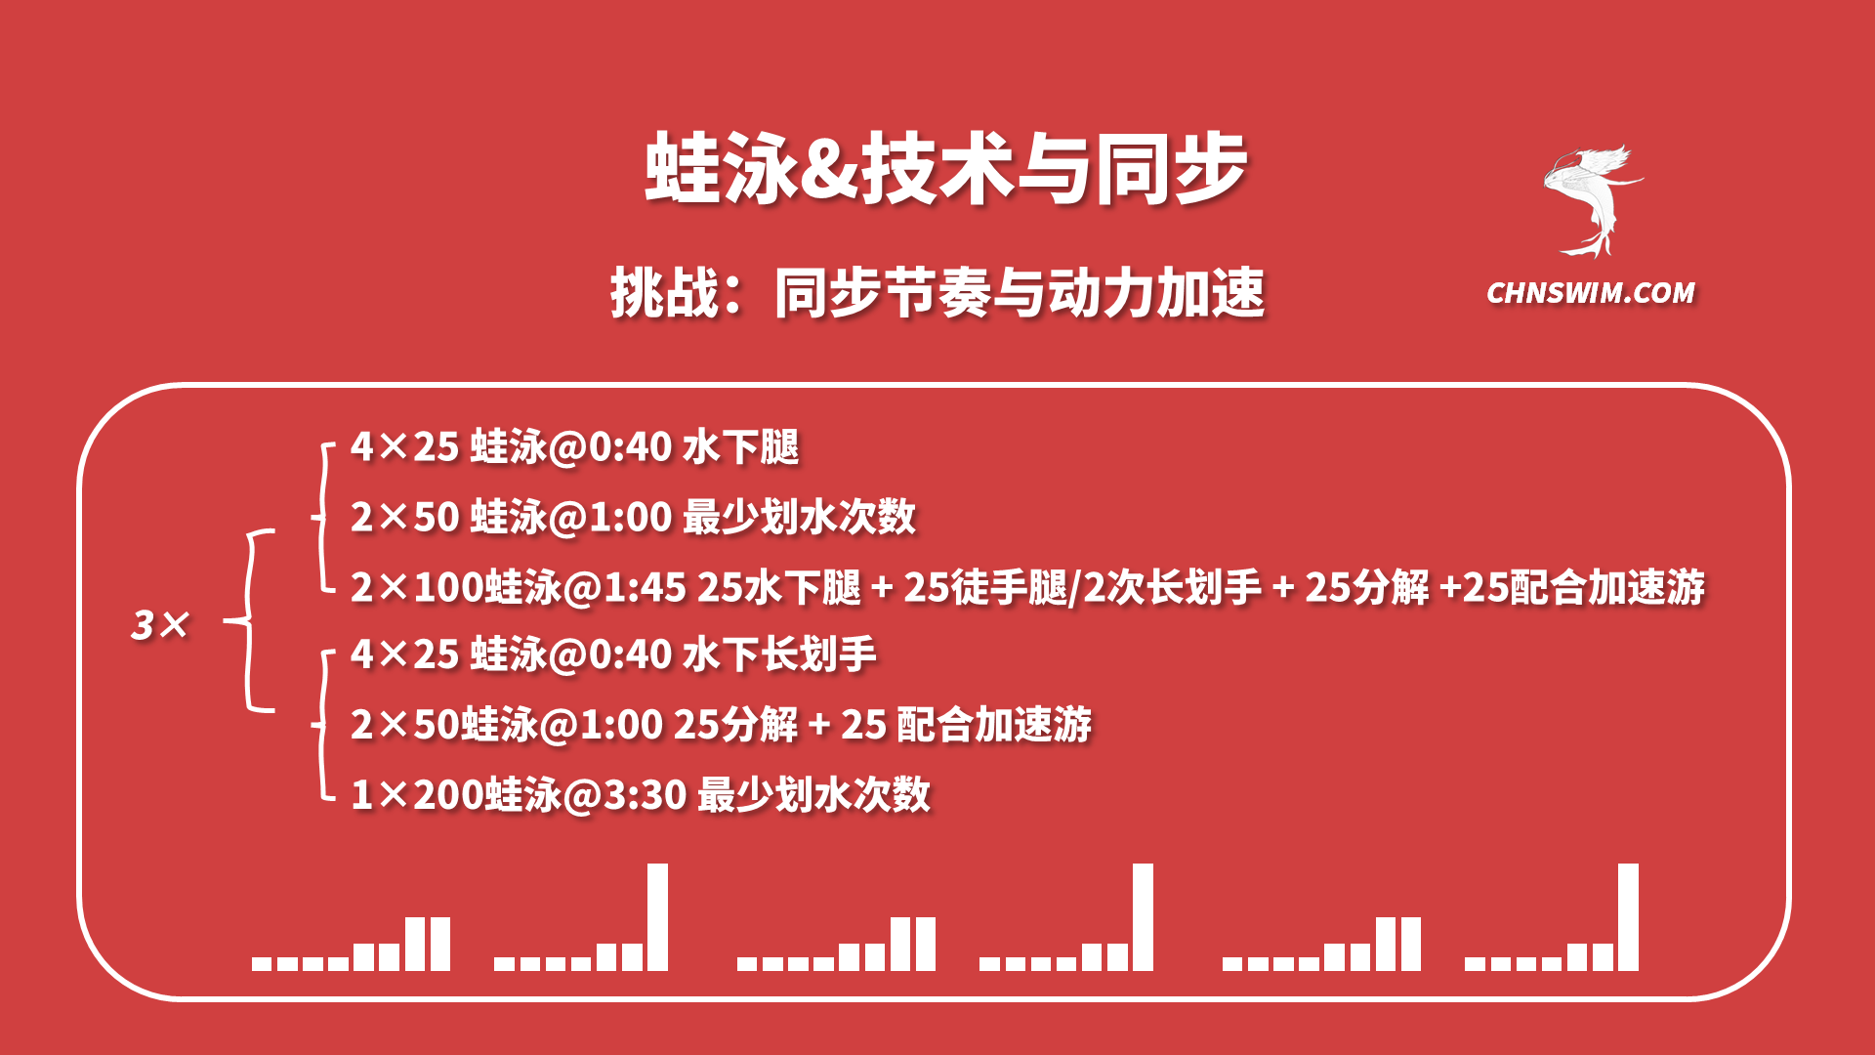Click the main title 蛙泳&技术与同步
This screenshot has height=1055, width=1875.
coord(945,168)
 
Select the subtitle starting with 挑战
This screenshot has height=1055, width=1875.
coord(937,293)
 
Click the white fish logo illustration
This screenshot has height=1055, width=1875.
coord(1592,201)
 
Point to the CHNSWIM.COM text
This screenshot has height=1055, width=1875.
coord(1591,293)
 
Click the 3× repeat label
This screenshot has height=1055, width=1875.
coord(160,625)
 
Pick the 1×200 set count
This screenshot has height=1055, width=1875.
coord(418,795)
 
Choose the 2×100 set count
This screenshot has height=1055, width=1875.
coord(418,588)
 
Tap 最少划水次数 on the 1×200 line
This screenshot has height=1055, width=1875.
coord(814,795)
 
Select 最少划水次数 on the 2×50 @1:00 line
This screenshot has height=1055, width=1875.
coord(799,517)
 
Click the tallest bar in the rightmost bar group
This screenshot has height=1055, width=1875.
coord(1628,917)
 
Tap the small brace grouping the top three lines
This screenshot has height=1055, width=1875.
coord(322,518)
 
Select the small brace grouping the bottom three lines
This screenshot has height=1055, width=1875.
coord(322,725)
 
